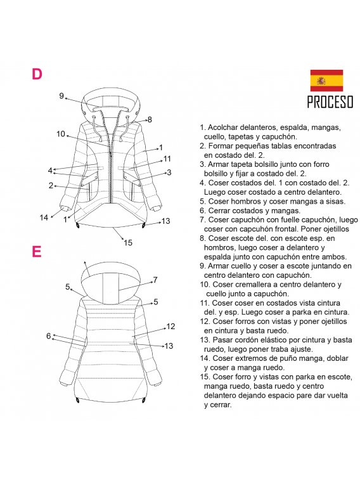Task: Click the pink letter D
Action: click(37, 74)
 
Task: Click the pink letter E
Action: click(37, 252)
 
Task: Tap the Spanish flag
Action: click(326, 81)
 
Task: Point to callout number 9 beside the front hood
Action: click(62, 96)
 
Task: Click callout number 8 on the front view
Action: click(150, 119)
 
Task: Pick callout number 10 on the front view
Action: click(61, 134)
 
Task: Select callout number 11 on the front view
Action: click(167, 159)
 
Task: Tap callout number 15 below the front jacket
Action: click(128, 242)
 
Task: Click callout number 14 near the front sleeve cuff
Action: click(44, 217)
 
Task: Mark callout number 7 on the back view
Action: click(155, 280)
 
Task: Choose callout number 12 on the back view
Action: click(170, 327)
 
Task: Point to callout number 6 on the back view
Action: click(48, 336)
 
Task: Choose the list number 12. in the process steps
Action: click(206, 321)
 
